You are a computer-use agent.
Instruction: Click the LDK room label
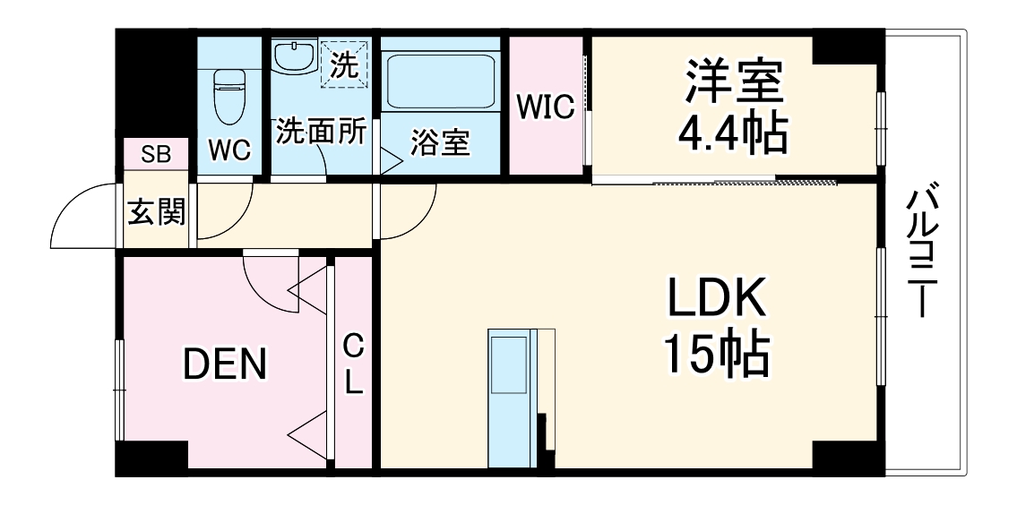[715, 299]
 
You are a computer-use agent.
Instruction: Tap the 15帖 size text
[715, 356]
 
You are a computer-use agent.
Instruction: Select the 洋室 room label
[734, 81]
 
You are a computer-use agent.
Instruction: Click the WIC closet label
[544, 107]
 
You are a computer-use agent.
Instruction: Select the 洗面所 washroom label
[320, 132]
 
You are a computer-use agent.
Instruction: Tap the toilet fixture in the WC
[229, 97]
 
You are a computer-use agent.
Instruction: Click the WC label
[229, 150]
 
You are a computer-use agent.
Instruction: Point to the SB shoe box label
[156, 154]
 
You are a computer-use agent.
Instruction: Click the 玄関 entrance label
[157, 213]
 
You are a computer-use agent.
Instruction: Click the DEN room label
[225, 363]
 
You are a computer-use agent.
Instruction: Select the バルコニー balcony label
[922, 251]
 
